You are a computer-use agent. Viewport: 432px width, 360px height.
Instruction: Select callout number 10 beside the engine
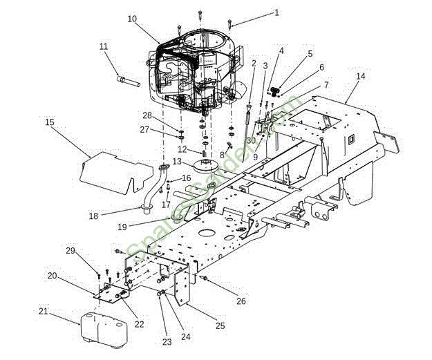coord(132,19)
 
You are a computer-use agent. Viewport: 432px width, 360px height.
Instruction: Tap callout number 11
coord(104,46)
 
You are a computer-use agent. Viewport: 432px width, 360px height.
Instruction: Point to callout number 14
coord(360,76)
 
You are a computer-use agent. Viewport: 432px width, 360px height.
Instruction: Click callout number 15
coord(50,122)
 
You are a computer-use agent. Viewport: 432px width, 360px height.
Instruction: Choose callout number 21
coord(44,312)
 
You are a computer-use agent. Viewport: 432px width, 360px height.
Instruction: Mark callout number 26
coord(240,301)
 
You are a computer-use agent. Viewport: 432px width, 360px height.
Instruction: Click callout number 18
coord(93,216)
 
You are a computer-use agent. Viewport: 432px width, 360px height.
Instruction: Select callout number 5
coord(310,53)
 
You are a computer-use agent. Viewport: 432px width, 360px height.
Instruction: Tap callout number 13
coord(177,161)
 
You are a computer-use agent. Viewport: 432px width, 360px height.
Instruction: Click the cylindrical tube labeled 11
coord(129,82)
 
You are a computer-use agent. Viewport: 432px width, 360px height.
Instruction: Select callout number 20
coord(52,276)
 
